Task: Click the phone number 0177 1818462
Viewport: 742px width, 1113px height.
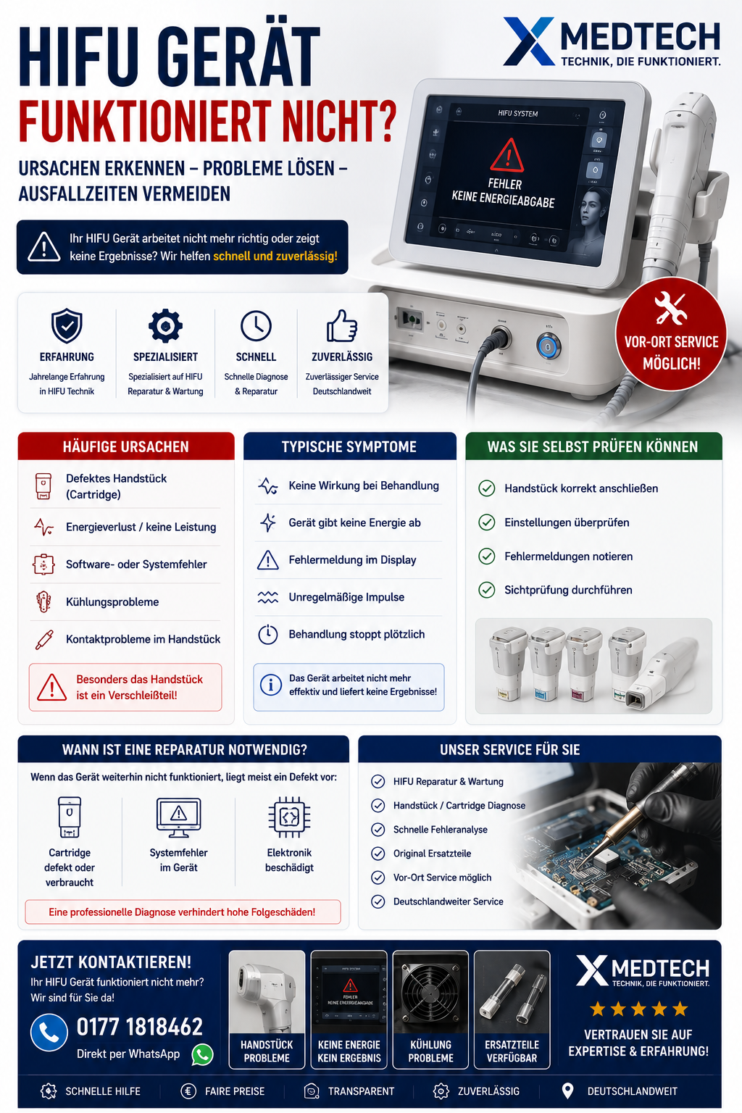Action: [140, 1027]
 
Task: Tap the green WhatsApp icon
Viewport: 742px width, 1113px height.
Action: [202, 1054]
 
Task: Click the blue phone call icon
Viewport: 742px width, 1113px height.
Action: [49, 1033]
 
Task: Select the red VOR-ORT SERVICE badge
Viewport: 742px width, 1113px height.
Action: [671, 334]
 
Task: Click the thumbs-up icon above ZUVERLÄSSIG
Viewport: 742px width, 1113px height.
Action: [342, 326]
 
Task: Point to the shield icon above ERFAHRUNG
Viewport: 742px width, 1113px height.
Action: [67, 325]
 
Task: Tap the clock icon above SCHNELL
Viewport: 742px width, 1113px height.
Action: [256, 326]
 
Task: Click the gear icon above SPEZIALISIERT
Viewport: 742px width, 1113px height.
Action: [165, 326]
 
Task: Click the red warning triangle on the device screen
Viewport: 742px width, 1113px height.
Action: [507, 155]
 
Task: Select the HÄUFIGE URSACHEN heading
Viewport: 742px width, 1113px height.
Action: [126, 446]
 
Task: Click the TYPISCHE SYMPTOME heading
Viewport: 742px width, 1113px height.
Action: [349, 446]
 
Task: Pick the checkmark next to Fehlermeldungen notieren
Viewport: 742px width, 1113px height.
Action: [486, 556]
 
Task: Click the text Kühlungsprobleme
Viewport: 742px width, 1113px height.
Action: [112, 601]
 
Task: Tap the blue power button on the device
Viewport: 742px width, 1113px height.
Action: [549, 347]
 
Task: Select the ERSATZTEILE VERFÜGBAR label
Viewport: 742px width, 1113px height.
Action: [512, 1051]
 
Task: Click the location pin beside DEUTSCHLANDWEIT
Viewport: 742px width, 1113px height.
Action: [567, 1091]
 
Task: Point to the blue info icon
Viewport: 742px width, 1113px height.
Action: [271, 685]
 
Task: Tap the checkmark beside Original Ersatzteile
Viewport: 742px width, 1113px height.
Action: [378, 853]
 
